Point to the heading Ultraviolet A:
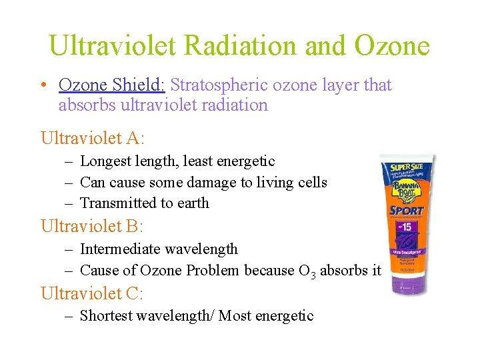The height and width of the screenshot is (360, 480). (93, 139)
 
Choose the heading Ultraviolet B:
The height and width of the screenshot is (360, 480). (92, 227)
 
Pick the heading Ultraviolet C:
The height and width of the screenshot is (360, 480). (92, 293)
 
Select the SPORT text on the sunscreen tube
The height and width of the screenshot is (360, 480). (407, 211)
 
